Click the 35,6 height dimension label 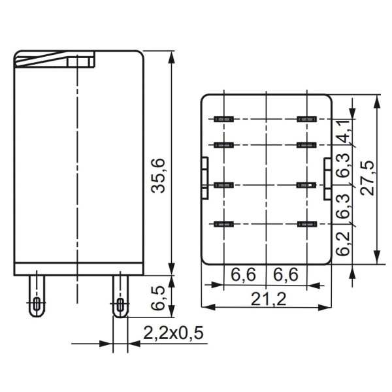click(x=158, y=174)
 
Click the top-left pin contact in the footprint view click(x=224, y=119)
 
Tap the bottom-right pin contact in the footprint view click(x=306, y=224)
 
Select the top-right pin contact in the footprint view click(x=306, y=119)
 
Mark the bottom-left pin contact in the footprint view click(x=224, y=224)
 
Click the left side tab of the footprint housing click(x=204, y=178)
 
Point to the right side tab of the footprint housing click(x=327, y=178)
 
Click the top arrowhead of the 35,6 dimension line click(x=171, y=55)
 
